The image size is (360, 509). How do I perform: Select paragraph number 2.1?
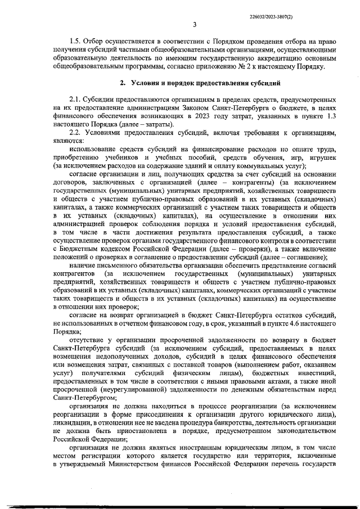tap(75, 97)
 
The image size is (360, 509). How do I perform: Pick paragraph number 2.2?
tap(75, 133)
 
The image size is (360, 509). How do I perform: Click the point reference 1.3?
tap(332, 115)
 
